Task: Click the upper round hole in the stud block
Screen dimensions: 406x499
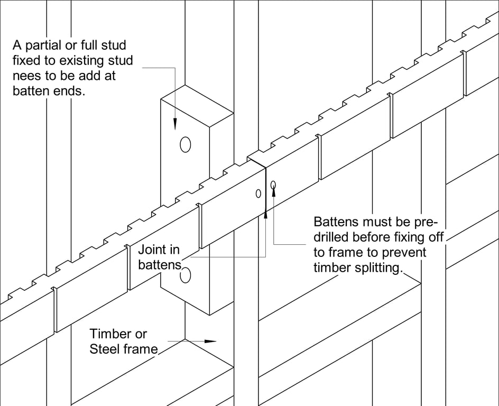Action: pyautogui.click(x=185, y=144)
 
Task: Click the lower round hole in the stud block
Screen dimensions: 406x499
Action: pyautogui.click(x=185, y=275)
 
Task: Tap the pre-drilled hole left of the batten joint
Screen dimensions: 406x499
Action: pyautogui.click(x=258, y=193)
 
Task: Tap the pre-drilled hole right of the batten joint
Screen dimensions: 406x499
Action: pyautogui.click(x=273, y=184)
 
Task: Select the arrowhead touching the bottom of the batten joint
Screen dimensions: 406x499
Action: pyautogui.click(x=265, y=214)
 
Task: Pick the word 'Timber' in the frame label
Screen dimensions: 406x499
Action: pyautogui.click(x=110, y=334)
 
